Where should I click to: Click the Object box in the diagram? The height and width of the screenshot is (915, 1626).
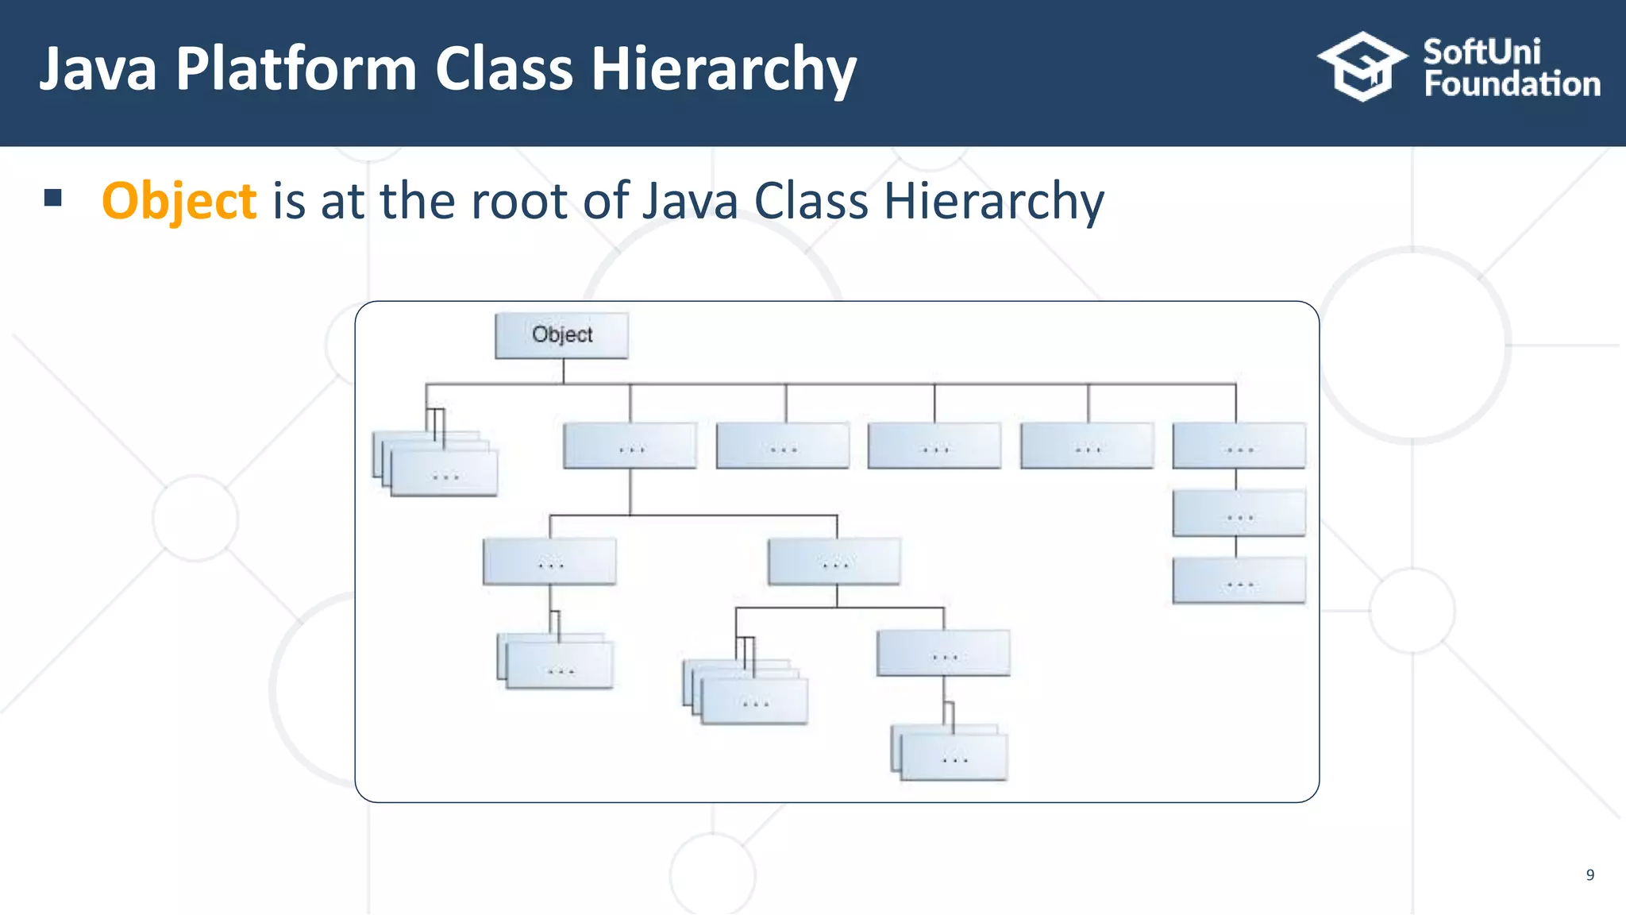point(561,335)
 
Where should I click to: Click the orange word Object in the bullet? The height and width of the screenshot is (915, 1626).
point(179,201)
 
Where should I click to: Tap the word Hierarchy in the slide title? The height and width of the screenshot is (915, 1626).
point(723,70)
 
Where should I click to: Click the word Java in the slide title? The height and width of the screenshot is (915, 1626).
point(98,70)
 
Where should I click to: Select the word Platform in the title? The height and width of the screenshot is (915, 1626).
point(295,70)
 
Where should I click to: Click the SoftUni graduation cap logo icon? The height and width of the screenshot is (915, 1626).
point(1362,67)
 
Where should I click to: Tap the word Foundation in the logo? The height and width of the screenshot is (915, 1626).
point(1512,84)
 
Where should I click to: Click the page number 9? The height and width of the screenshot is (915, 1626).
point(1589,874)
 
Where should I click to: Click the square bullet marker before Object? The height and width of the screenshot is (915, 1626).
point(53,198)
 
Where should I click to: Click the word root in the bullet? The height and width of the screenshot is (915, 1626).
point(519,201)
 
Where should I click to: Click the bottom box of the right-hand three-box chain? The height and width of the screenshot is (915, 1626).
point(1239,581)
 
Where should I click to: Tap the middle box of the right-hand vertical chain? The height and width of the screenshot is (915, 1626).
point(1239,513)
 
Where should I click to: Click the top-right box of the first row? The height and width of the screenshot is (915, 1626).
point(1239,446)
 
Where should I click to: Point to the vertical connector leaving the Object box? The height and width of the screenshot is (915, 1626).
point(564,371)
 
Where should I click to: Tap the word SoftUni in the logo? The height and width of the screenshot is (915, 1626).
point(1482,52)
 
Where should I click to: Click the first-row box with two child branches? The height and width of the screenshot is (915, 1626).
point(630,446)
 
